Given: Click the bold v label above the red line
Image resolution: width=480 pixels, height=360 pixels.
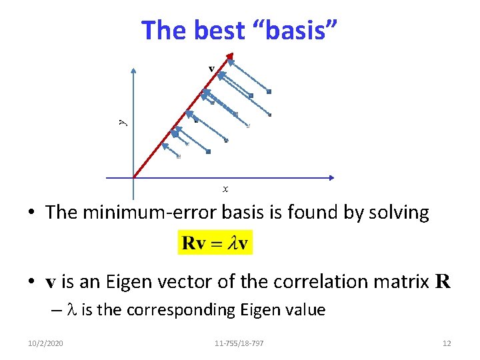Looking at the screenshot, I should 211,68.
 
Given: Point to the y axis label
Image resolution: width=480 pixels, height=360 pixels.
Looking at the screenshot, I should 122,122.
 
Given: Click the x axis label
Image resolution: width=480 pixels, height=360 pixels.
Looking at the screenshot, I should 225,189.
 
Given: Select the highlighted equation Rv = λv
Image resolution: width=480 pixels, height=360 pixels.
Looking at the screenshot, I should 215,243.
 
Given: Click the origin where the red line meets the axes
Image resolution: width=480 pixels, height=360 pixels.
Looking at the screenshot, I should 134,178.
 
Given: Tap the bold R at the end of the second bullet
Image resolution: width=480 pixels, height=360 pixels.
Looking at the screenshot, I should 443,282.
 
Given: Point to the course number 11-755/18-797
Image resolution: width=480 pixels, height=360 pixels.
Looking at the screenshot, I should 239,343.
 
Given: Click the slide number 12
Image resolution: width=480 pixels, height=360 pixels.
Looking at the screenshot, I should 447,343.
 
